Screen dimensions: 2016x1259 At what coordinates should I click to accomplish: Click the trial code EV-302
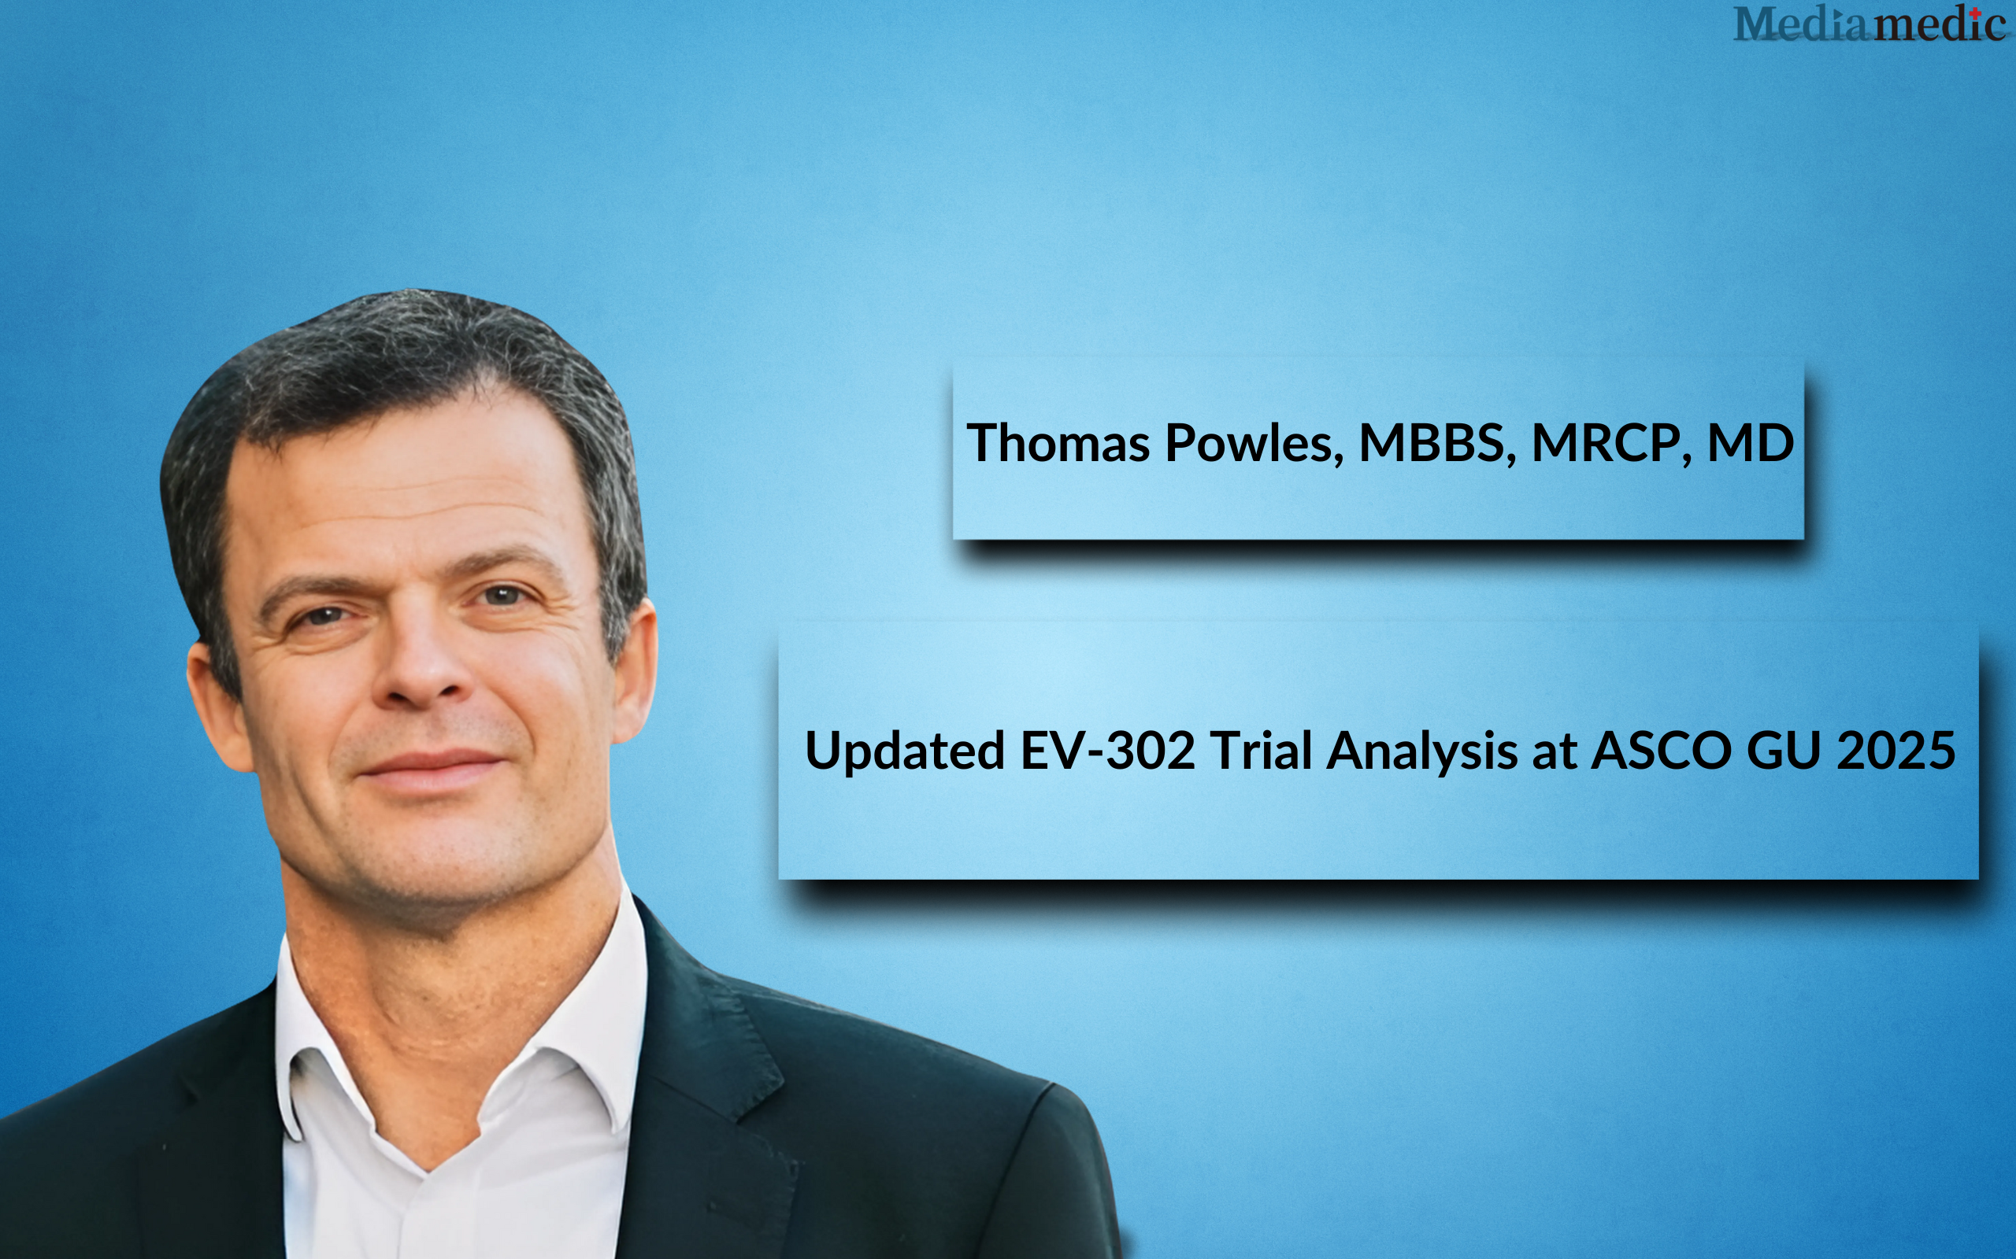tap(1108, 750)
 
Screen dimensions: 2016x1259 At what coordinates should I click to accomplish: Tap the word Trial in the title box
tap(1262, 749)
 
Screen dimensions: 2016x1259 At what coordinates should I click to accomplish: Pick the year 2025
tap(1896, 750)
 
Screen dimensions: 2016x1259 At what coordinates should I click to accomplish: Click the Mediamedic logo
tap(1870, 24)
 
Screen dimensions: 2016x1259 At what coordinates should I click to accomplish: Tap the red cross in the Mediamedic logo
tap(1973, 12)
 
